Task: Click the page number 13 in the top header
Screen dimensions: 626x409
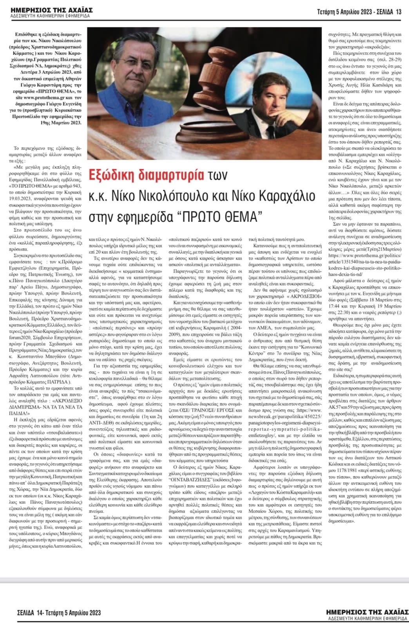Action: (399, 12)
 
